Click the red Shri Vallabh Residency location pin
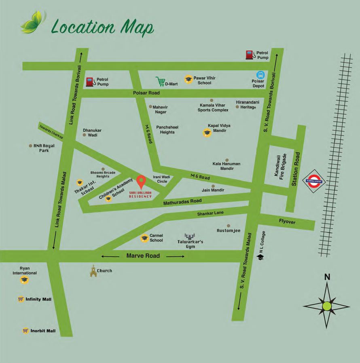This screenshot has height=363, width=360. coord(141,182)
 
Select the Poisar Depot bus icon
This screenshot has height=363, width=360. coord(260,75)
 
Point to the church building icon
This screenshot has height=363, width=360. coord(93,271)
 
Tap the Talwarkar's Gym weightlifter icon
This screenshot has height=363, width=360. coord(189,236)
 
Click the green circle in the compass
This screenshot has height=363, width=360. coord(327,306)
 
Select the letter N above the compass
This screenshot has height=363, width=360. coord(327,277)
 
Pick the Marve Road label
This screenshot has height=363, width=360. coord(143,256)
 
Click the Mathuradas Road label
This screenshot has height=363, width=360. coord(182,201)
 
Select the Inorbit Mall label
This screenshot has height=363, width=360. coord(43,331)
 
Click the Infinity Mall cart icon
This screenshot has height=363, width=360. coord(21,300)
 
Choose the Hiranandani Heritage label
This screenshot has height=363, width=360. coord(248,105)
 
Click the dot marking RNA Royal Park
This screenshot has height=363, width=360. coord(30,146)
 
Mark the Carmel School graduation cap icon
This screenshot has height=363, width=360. coord(144,238)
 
